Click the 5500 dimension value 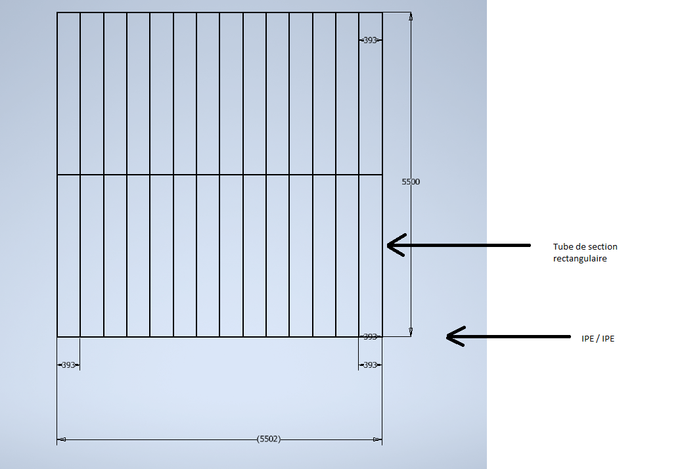point(411,182)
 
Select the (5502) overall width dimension point(269,439)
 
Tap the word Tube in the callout point(563,247)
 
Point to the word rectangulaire point(580,259)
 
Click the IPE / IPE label point(598,339)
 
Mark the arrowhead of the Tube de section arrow point(389,246)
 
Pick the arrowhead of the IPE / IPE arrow point(448,337)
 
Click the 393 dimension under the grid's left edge point(68,365)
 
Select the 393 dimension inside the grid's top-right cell point(370,40)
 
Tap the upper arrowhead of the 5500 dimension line point(411,16)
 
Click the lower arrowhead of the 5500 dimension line point(411,332)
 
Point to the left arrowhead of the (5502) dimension point(61,439)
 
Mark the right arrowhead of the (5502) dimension point(378,439)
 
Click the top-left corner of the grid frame point(57,12)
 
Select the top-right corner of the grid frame point(382,12)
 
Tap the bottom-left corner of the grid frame point(57,337)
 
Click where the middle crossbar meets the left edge point(57,175)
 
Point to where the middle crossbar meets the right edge point(382,175)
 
